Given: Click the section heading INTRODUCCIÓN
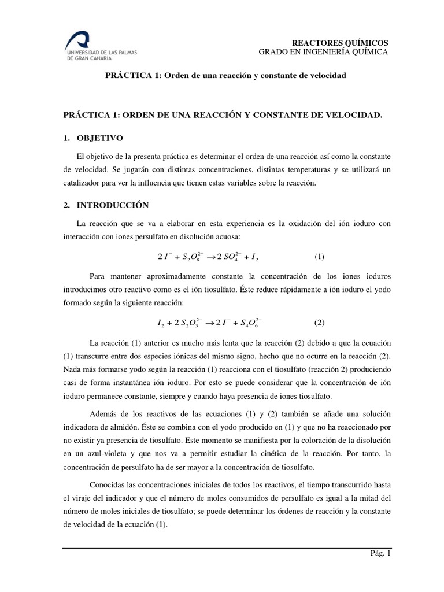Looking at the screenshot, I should [113, 205].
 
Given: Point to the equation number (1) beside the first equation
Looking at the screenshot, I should [320, 256].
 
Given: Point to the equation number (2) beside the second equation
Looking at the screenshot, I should [320, 322].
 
